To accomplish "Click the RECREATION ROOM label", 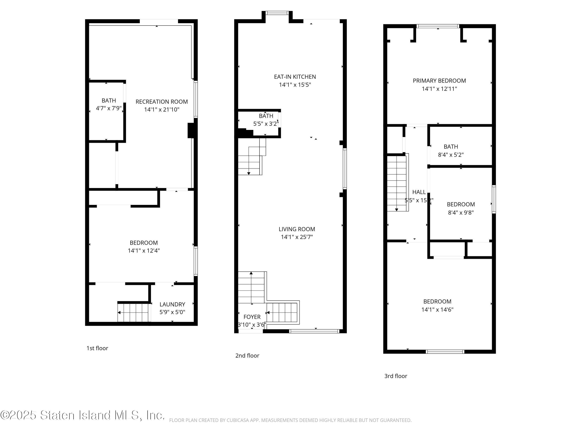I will tap(162, 102).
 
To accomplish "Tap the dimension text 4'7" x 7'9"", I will tap(108, 108).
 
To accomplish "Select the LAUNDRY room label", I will tap(172, 304).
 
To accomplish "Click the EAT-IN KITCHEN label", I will tap(295, 77).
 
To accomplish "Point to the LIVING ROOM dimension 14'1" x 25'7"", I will tap(297, 237).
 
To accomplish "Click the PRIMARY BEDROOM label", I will tap(439, 81).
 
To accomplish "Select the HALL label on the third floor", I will tap(419, 192).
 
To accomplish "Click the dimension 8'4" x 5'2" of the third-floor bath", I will tap(451, 155).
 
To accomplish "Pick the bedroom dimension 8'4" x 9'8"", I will tap(461, 213).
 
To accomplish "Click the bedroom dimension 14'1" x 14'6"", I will tap(437, 310).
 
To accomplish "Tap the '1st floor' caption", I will tap(97, 348).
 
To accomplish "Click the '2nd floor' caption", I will tap(247, 356).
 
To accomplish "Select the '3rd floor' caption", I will tap(395, 376).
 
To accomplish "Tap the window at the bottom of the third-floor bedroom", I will tap(445, 352).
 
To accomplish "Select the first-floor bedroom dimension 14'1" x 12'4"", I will tap(144, 251).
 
